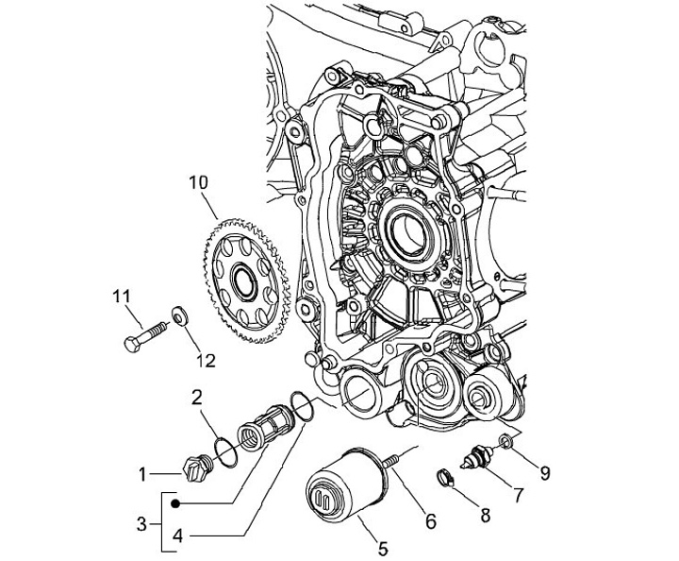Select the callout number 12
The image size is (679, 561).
coord(206,360)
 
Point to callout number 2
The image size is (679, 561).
coord(198,399)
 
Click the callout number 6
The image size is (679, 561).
coord(429,519)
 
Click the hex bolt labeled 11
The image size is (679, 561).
coord(144,334)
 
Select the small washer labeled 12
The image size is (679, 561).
coord(178,314)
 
